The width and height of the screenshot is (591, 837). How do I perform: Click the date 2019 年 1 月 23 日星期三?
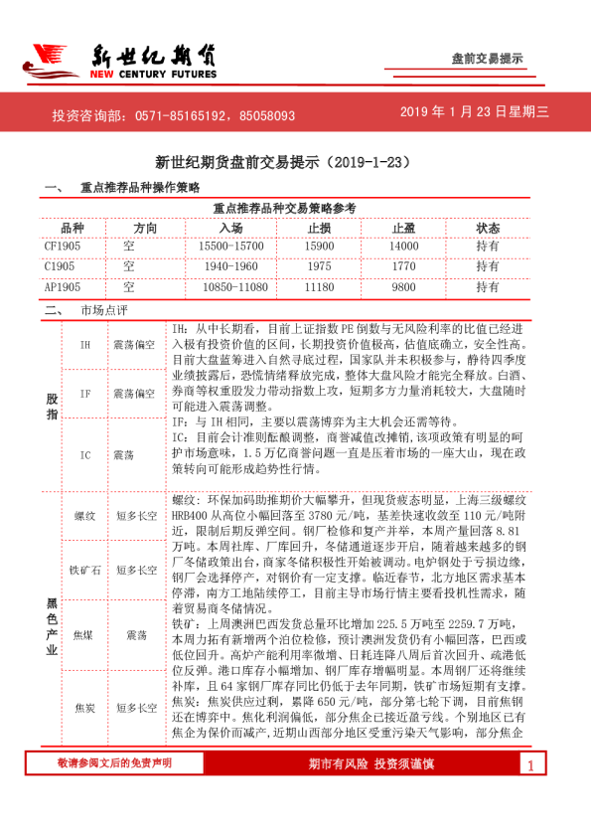click(x=474, y=113)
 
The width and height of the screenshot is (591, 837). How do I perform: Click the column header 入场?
click(x=231, y=228)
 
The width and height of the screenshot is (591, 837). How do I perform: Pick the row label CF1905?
click(x=63, y=246)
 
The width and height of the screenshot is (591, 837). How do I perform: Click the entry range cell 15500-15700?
click(x=231, y=246)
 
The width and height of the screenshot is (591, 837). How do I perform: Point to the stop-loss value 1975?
click(x=319, y=266)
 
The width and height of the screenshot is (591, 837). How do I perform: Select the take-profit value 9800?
click(x=403, y=286)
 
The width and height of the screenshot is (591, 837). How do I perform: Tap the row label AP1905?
click(x=63, y=286)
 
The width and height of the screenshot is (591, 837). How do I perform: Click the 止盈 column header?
click(x=403, y=228)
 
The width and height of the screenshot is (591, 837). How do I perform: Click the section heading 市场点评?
click(x=104, y=309)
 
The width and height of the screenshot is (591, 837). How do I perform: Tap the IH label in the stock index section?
click(x=85, y=344)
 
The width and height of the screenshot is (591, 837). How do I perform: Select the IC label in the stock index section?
click(x=85, y=454)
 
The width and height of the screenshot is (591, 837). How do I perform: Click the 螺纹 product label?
click(x=85, y=516)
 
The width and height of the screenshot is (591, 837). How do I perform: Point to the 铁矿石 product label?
click(x=85, y=570)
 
